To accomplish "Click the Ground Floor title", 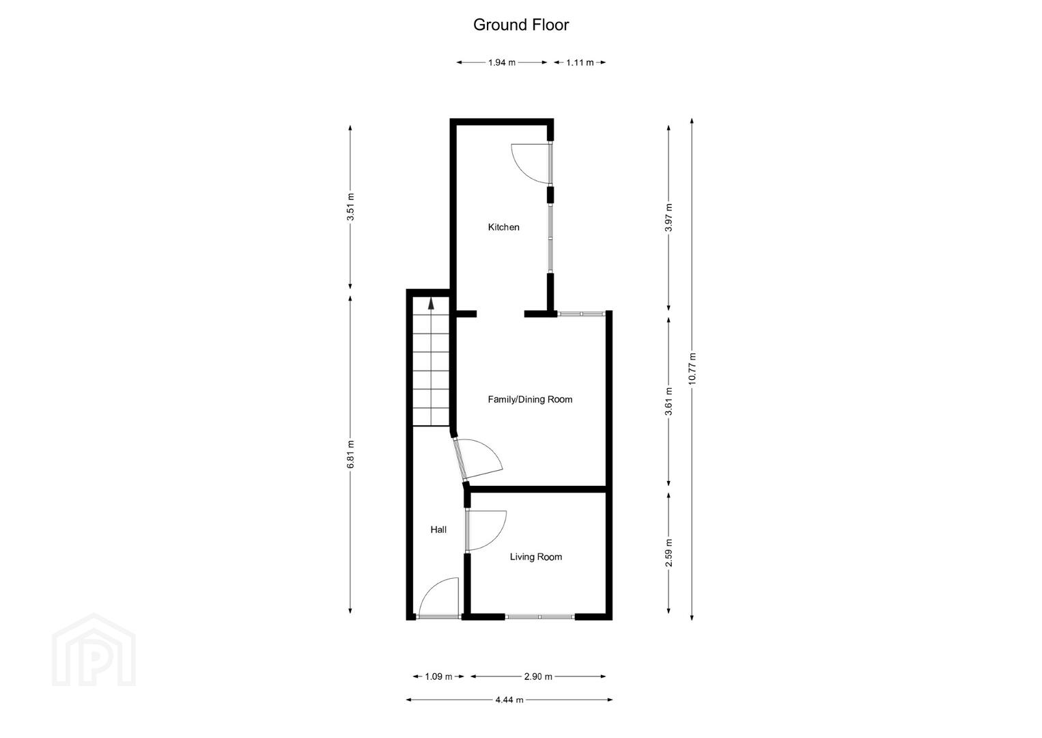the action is [x=520, y=25].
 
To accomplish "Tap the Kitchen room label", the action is [x=503, y=228].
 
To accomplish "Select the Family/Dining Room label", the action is [x=530, y=400].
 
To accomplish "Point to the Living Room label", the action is [x=536, y=557].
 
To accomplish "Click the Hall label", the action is [x=438, y=530].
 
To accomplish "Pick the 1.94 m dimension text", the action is [x=501, y=62].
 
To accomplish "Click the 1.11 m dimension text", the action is [x=580, y=62].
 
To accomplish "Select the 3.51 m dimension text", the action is [x=351, y=207].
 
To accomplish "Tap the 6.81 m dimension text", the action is [x=351, y=454].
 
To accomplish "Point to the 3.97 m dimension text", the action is [x=669, y=217].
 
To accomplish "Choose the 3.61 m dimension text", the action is [x=669, y=401].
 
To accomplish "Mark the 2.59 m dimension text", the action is [x=669, y=553].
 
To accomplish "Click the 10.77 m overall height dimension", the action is [x=692, y=368].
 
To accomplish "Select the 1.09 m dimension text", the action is [x=438, y=676].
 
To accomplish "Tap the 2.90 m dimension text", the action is [x=538, y=676].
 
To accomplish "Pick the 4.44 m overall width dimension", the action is [x=509, y=699].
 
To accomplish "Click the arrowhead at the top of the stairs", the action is [x=432, y=303].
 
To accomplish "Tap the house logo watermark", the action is [x=94, y=650].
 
